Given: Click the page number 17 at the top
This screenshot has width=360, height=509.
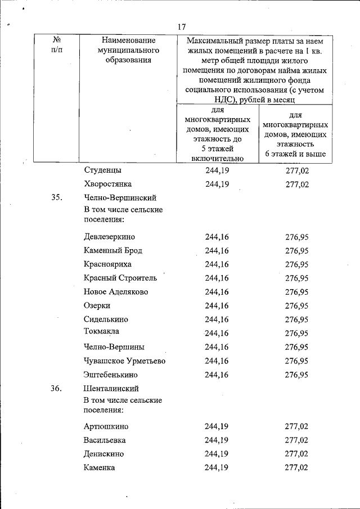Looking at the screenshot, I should pyautogui.click(x=181, y=26).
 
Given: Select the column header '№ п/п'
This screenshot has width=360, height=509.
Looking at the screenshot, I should pyautogui.click(x=56, y=46).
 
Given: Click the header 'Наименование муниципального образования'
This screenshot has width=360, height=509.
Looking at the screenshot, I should pyautogui.click(x=129, y=51).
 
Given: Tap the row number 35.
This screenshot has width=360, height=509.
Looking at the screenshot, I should pyautogui.click(x=56, y=198).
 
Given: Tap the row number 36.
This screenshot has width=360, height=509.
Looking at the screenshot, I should pyautogui.click(x=56, y=389).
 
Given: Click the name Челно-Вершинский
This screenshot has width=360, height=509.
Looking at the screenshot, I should pyautogui.click(x=120, y=198).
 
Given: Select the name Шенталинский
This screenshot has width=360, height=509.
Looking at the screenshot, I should pyautogui.click(x=111, y=389).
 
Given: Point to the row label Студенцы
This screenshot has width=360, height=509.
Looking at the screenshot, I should pyautogui.click(x=102, y=170).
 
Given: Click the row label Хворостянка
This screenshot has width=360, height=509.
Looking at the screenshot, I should pyautogui.click(x=107, y=184).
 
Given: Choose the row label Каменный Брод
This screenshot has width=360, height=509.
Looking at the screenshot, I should pyautogui.click(x=112, y=250).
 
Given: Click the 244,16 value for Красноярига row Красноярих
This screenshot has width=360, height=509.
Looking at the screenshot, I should pyautogui.click(x=217, y=264).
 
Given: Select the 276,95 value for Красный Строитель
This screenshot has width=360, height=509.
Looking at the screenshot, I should pyautogui.click(x=297, y=278).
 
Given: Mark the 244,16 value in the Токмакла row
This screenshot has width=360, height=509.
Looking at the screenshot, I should pyautogui.click(x=217, y=332).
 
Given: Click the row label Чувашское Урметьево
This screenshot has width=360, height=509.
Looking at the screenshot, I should pyautogui.click(x=124, y=361).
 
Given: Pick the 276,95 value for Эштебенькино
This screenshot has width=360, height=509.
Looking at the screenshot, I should pyautogui.click(x=297, y=375).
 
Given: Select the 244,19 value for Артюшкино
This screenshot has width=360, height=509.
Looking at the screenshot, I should pyautogui.click(x=217, y=427).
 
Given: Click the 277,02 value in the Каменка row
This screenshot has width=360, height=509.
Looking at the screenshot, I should pyautogui.click(x=297, y=467).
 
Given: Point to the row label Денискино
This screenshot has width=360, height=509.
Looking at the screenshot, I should pyautogui.click(x=103, y=454).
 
